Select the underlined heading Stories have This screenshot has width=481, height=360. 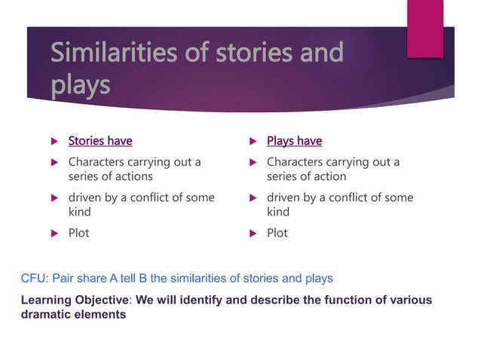[100, 141]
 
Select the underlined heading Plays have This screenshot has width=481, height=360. [294, 141]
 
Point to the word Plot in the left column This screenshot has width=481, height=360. [78, 233]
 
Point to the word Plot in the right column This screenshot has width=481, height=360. [277, 233]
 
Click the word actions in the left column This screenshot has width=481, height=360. [130, 176]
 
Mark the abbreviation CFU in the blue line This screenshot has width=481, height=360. [34, 279]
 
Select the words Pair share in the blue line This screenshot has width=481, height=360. [81, 279]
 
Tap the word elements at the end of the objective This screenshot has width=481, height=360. [101, 315]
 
